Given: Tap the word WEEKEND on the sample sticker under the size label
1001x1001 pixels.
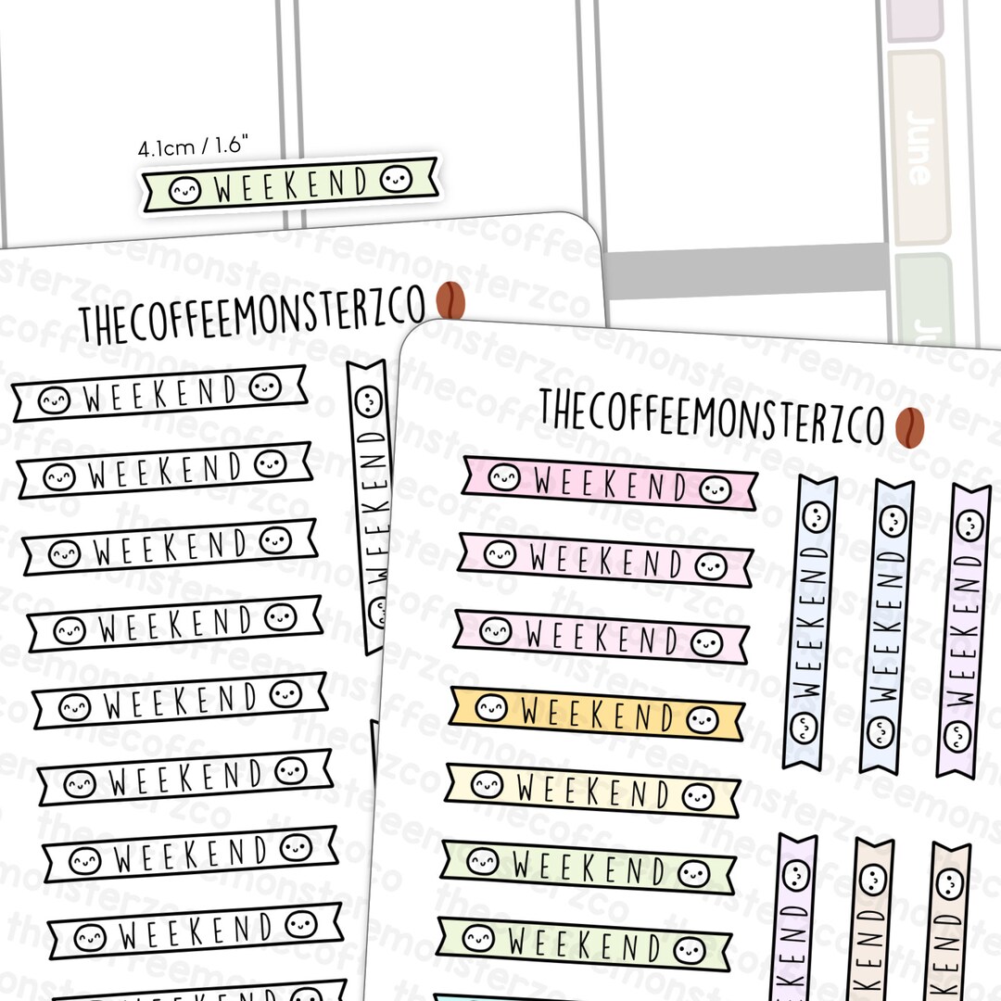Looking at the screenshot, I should coord(291,185).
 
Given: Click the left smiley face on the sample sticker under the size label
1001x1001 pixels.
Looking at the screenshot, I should coord(184,190).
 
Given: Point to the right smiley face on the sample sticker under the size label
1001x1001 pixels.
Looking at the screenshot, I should coord(397,178).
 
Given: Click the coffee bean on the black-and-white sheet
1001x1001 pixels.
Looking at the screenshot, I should coord(451,299).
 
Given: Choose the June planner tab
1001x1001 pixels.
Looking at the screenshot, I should coord(918,148).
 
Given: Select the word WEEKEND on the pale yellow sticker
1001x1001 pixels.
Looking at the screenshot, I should coord(593,792).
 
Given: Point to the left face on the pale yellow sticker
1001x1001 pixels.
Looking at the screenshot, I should coord(487,786).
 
